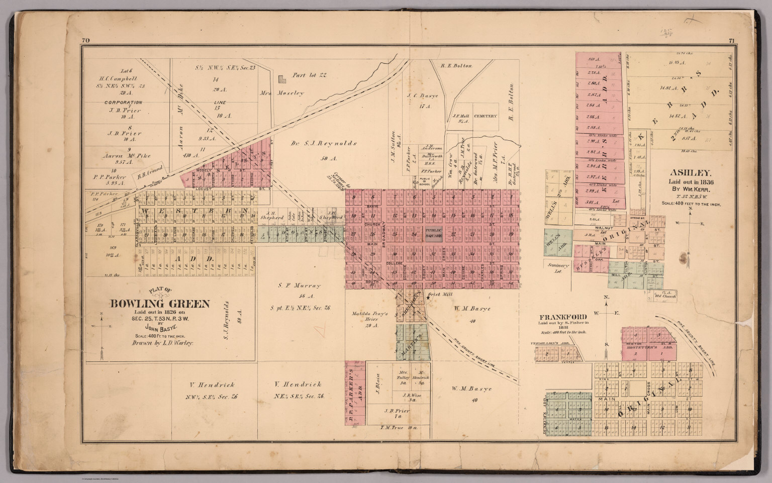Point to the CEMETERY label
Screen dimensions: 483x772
click(x=485, y=116)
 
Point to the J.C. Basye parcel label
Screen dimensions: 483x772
click(x=423, y=95)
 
